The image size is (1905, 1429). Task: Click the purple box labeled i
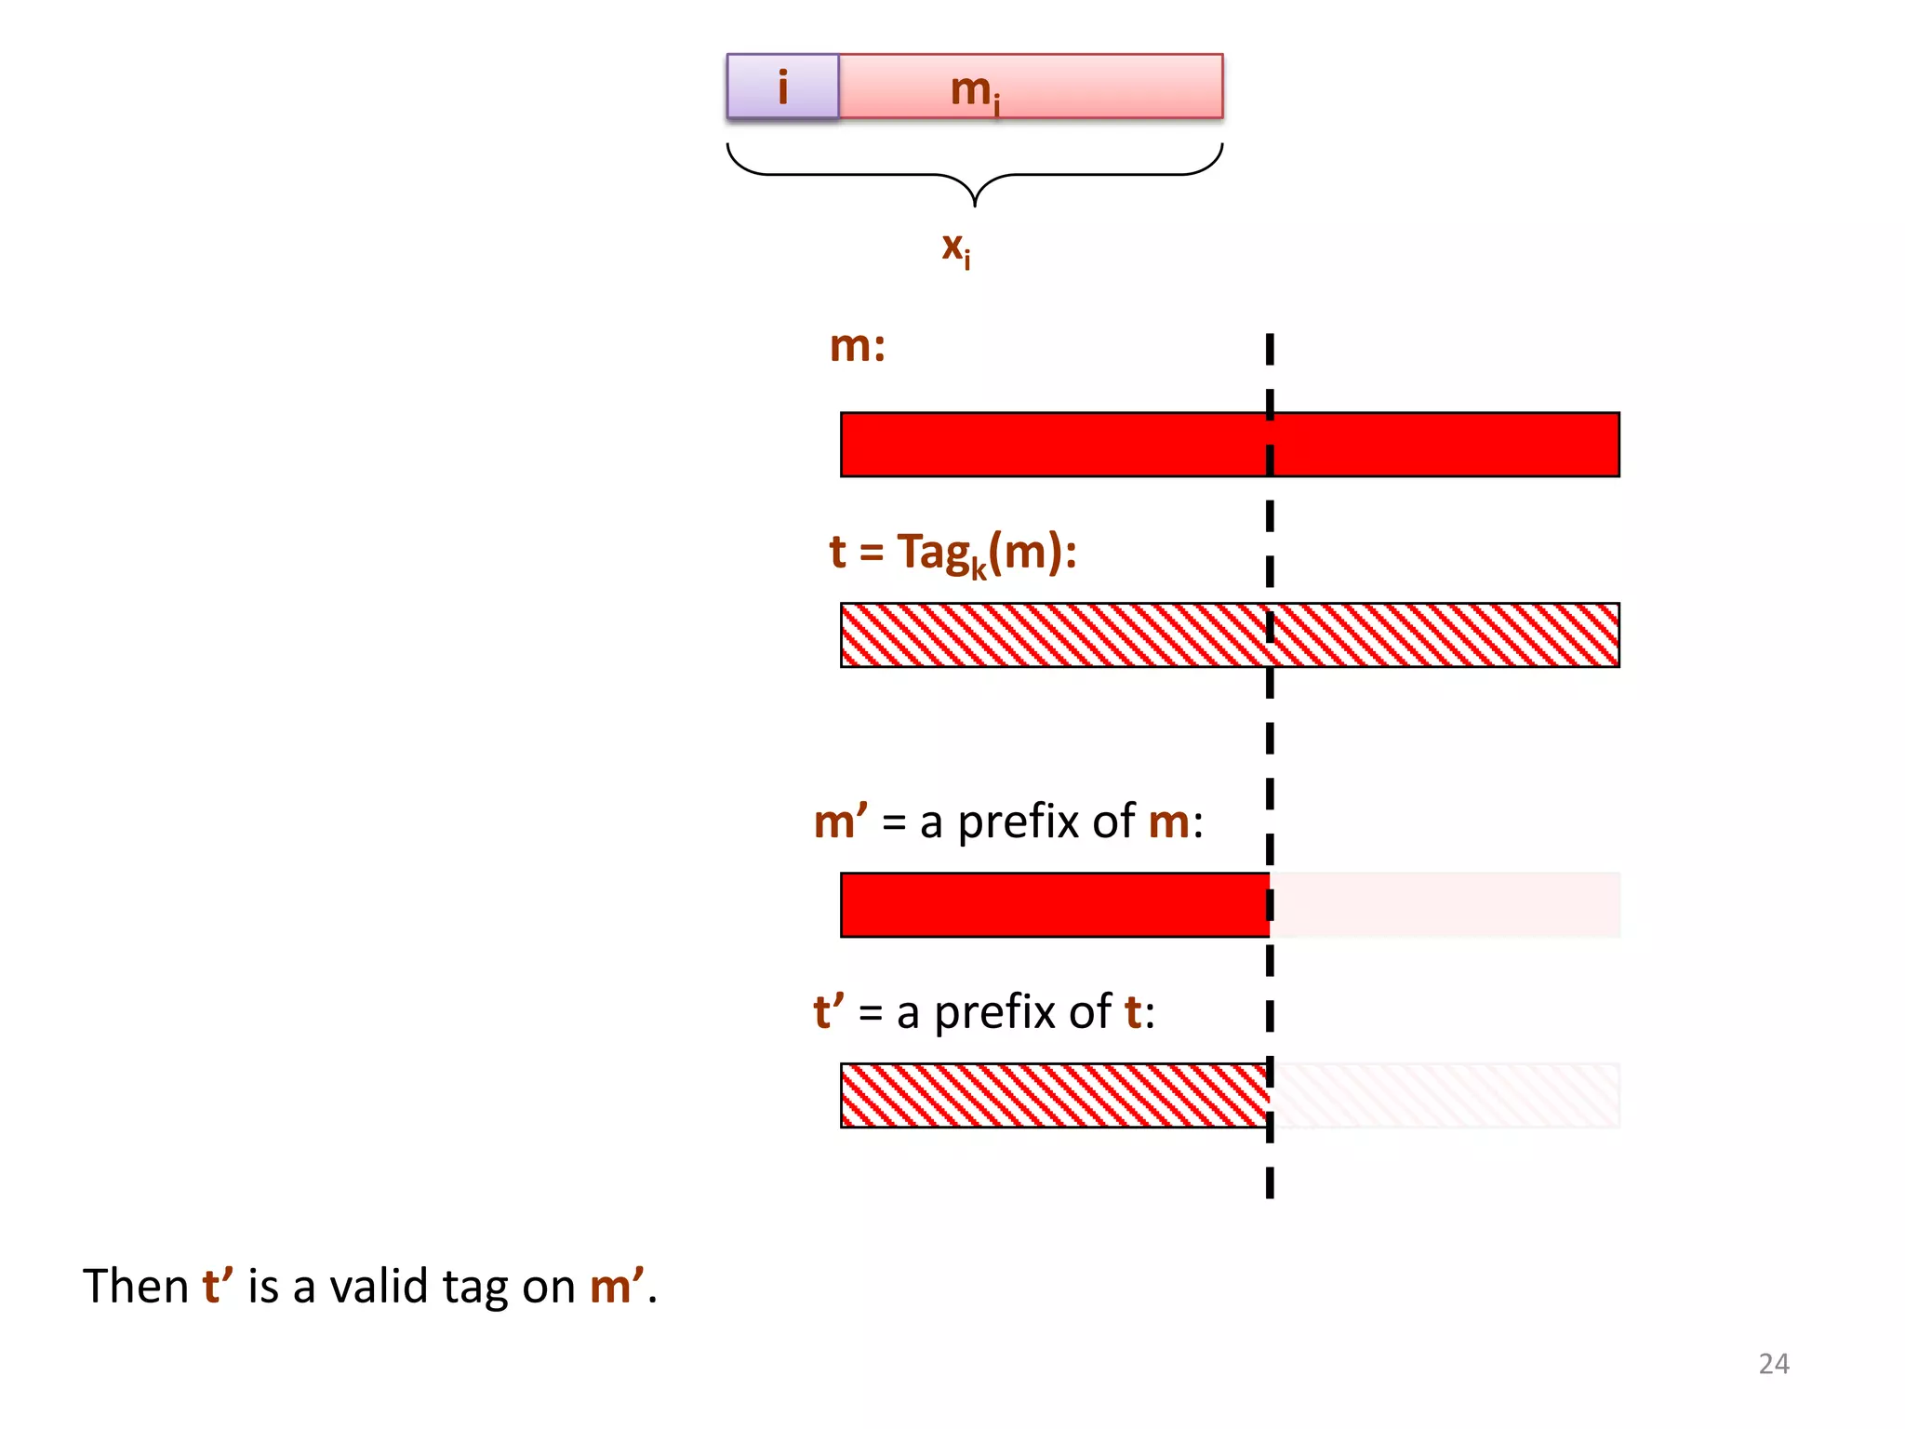[x=782, y=87]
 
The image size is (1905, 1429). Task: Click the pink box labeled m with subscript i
[x=1031, y=87]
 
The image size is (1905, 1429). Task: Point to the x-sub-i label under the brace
[x=955, y=248]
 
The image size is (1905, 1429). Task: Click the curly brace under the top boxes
[x=974, y=174]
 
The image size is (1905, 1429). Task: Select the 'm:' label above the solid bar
[x=857, y=346]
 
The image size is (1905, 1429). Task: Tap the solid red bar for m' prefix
[x=1054, y=905]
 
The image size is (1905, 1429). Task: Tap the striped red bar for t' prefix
[x=1054, y=1095]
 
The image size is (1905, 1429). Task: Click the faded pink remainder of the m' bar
[x=1445, y=905]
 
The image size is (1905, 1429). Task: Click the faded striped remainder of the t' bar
[x=1445, y=1095]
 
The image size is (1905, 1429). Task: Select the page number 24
[x=1773, y=1363]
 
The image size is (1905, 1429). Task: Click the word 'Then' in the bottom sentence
[x=136, y=1287]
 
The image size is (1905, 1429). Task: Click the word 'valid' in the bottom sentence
[x=379, y=1287]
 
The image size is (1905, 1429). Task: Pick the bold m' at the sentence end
[x=617, y=1287]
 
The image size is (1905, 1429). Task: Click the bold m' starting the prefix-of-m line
[x=840, y=821]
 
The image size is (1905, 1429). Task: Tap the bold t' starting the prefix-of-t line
[x=828, y=1012]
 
